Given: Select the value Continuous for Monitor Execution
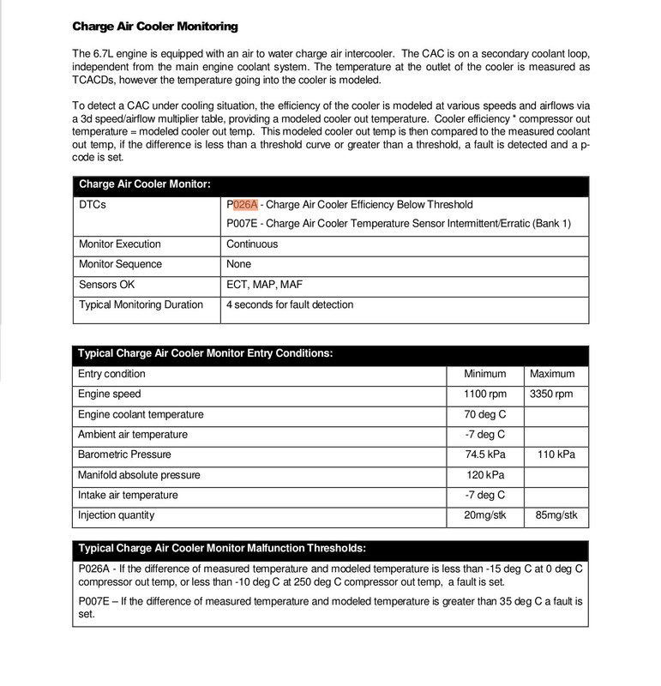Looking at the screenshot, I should (251, 244).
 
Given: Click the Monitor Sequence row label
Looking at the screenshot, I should (120, 264).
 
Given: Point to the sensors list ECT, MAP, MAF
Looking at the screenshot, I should (265, 284).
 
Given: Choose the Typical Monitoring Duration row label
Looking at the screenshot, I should (141, 304).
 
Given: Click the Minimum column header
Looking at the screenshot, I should (485, 374).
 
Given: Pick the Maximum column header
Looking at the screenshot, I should (552, 374).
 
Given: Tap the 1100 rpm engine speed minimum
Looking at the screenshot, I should (485, 394).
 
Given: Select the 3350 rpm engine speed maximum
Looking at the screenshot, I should (552, 394).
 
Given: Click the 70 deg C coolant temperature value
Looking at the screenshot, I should (485, 414).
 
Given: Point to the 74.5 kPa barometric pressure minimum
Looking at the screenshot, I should (485, 454).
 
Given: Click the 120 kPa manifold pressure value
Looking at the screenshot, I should (485, 474).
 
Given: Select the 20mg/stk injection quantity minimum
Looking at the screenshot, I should (485, 514).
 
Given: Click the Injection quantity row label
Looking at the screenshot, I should (117, 514).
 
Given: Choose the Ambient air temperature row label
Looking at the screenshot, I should (133, 435).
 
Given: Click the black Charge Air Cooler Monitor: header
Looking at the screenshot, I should (145, 184).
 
